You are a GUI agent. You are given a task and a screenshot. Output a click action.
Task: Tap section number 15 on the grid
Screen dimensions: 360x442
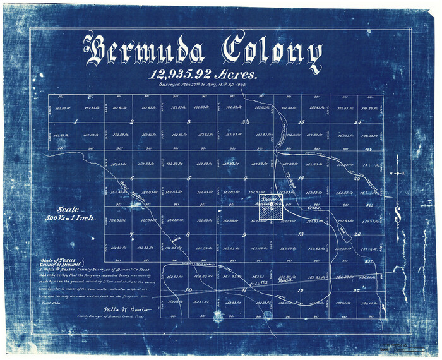point(301,121)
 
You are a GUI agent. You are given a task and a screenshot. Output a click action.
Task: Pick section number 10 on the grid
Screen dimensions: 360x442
point(188,290)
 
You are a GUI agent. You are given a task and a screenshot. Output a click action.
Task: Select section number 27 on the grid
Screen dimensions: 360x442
point(357,291)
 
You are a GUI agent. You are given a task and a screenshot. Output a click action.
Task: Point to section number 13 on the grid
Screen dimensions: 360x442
point(301,234)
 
